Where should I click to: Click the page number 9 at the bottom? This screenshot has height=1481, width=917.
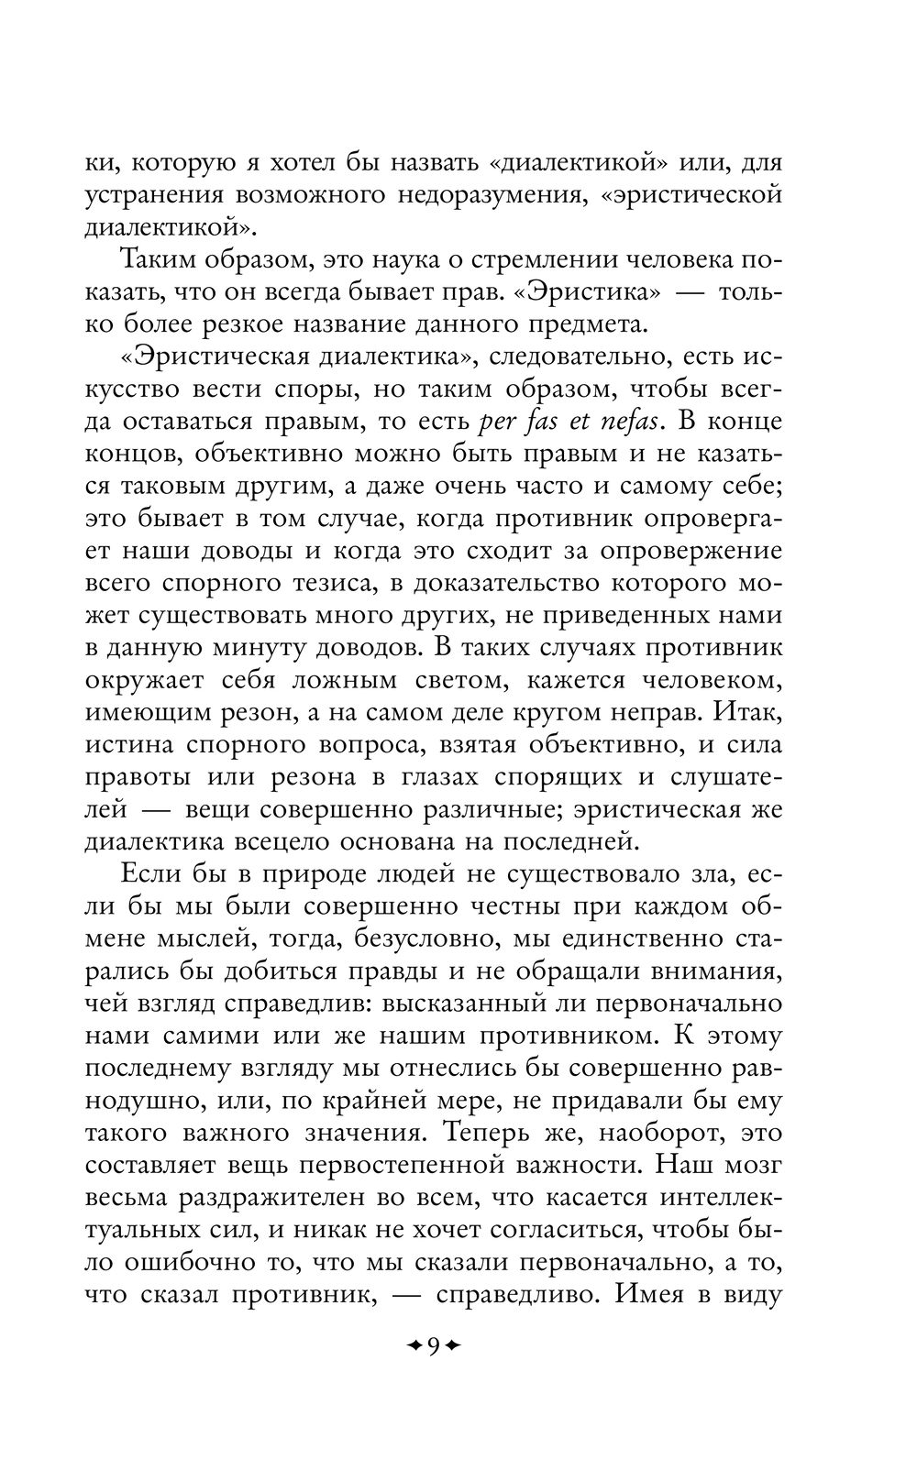(433, 1345)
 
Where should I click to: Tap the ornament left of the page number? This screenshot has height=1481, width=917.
(413, 1345)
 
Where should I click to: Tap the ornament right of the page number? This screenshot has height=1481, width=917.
(453, 1345)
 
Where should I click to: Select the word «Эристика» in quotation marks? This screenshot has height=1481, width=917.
(610, 292)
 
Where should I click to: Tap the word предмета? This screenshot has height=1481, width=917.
(580, 324)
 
